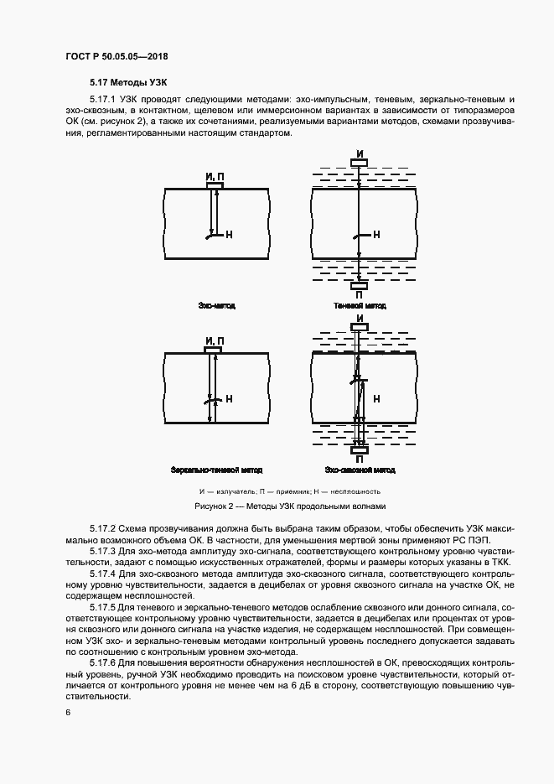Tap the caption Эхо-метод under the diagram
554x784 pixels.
(x=216, y=306)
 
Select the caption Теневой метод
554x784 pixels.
(x=360, y=306)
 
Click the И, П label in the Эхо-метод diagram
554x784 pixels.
(x=215, y=176)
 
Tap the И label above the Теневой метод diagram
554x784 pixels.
(x=360, y=153)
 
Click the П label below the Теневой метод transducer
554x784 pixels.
(x=360, y=295)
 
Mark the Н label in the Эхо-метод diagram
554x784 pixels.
(x=229, y=236)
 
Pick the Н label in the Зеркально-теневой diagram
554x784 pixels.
(x=229, y=399)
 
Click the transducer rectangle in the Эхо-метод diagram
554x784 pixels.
(x=215, y=184)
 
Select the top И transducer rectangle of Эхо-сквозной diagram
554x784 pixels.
(x=360, y=328)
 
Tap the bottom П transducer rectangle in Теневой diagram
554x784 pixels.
(x=360, y=285)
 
